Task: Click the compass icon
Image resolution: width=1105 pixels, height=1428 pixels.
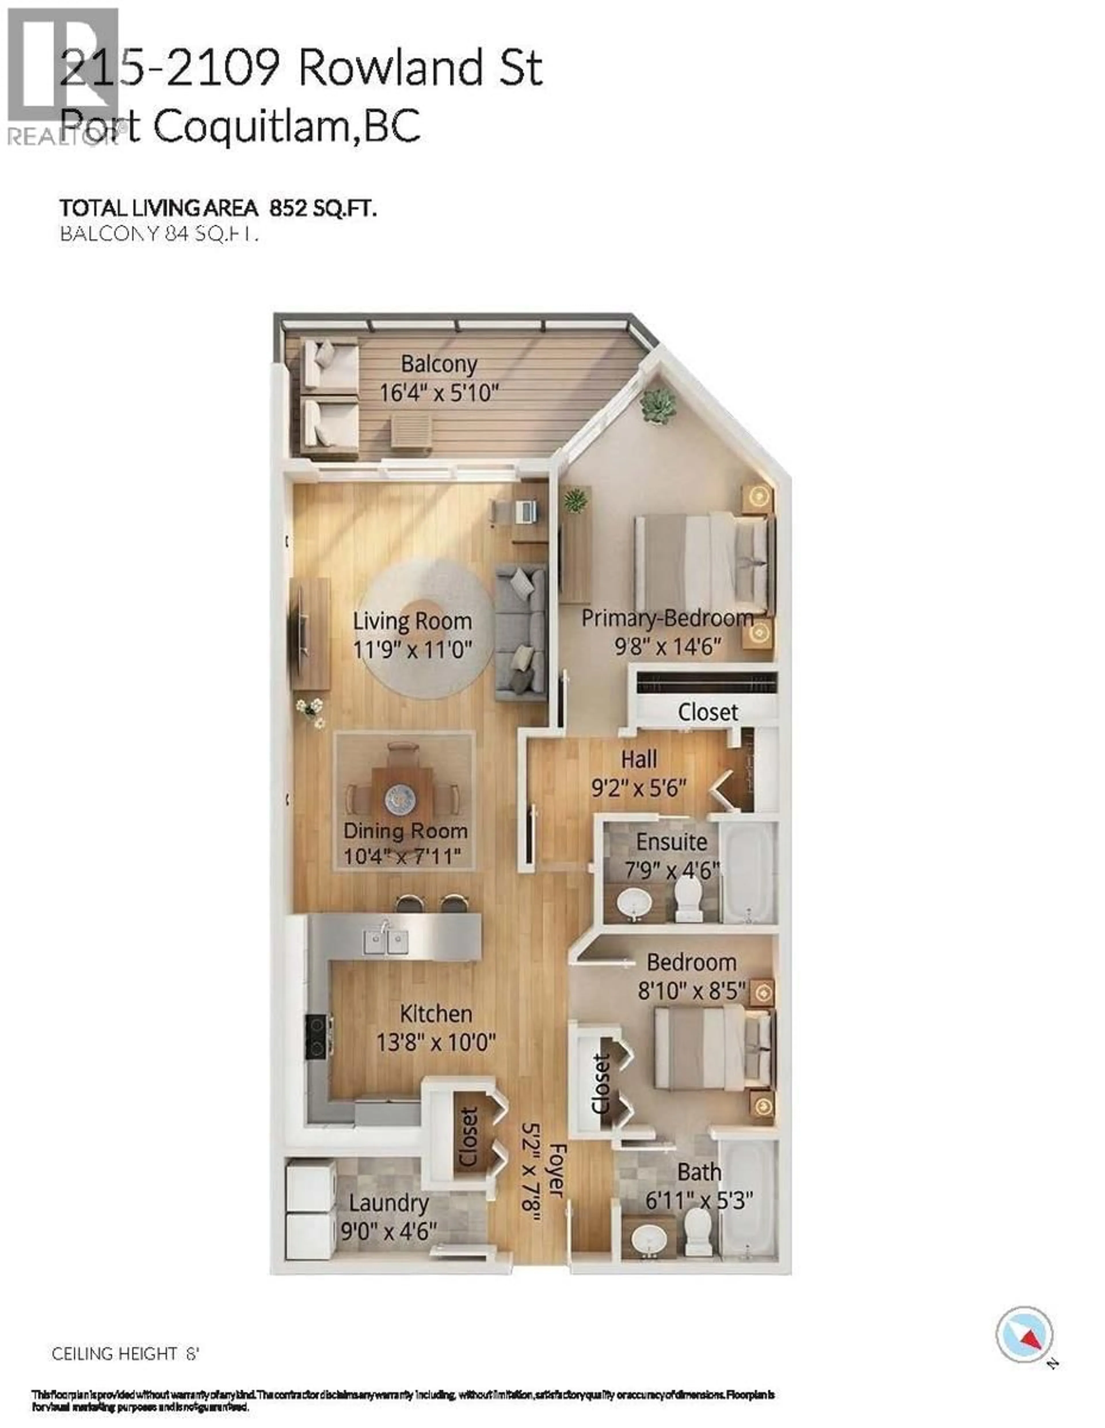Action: (x=1024, y=1335)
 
